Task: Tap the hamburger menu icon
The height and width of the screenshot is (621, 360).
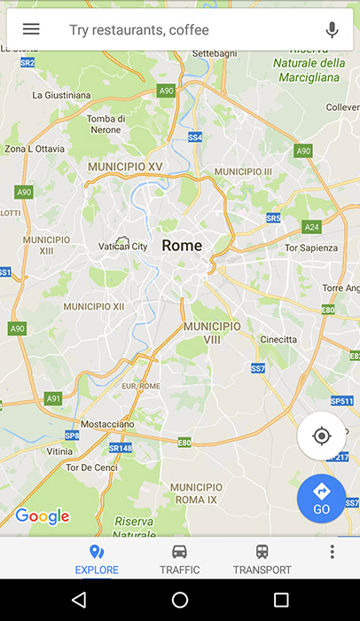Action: [x=31, y=29]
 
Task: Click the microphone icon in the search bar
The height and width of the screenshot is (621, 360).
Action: [x=333, y=29]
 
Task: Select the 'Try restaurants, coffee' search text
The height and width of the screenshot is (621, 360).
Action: [x=139, y=30]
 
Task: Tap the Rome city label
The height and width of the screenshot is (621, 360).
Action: [x=182, y=246]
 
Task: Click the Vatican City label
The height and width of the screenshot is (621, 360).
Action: [x=122, y=246]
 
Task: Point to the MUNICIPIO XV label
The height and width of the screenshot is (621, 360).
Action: [x=130, y=166]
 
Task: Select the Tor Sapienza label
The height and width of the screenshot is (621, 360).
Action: [x=310, y=248]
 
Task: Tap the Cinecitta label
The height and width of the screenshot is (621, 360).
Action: [x=278, y=340]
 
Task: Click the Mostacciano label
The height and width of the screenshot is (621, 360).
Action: [x=106, y=425]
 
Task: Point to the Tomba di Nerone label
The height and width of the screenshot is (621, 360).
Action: [x=106, y=124]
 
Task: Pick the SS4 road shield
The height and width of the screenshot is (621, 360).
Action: [x=195, y=138]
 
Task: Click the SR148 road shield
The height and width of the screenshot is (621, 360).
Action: [x=121, y=448]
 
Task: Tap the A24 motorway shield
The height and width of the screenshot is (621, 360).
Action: [x=311, y=227]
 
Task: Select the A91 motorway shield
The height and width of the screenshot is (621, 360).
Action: [x=53, y=398]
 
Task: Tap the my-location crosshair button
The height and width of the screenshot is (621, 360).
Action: [x=321, y=436]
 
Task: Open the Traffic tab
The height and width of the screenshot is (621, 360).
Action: [x=179, y=559]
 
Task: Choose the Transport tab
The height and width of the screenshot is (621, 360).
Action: [x=262, y=559]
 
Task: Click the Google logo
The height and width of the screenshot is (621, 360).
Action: [x=42, y=516]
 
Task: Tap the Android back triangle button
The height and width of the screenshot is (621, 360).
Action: [x=80, y=601]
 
